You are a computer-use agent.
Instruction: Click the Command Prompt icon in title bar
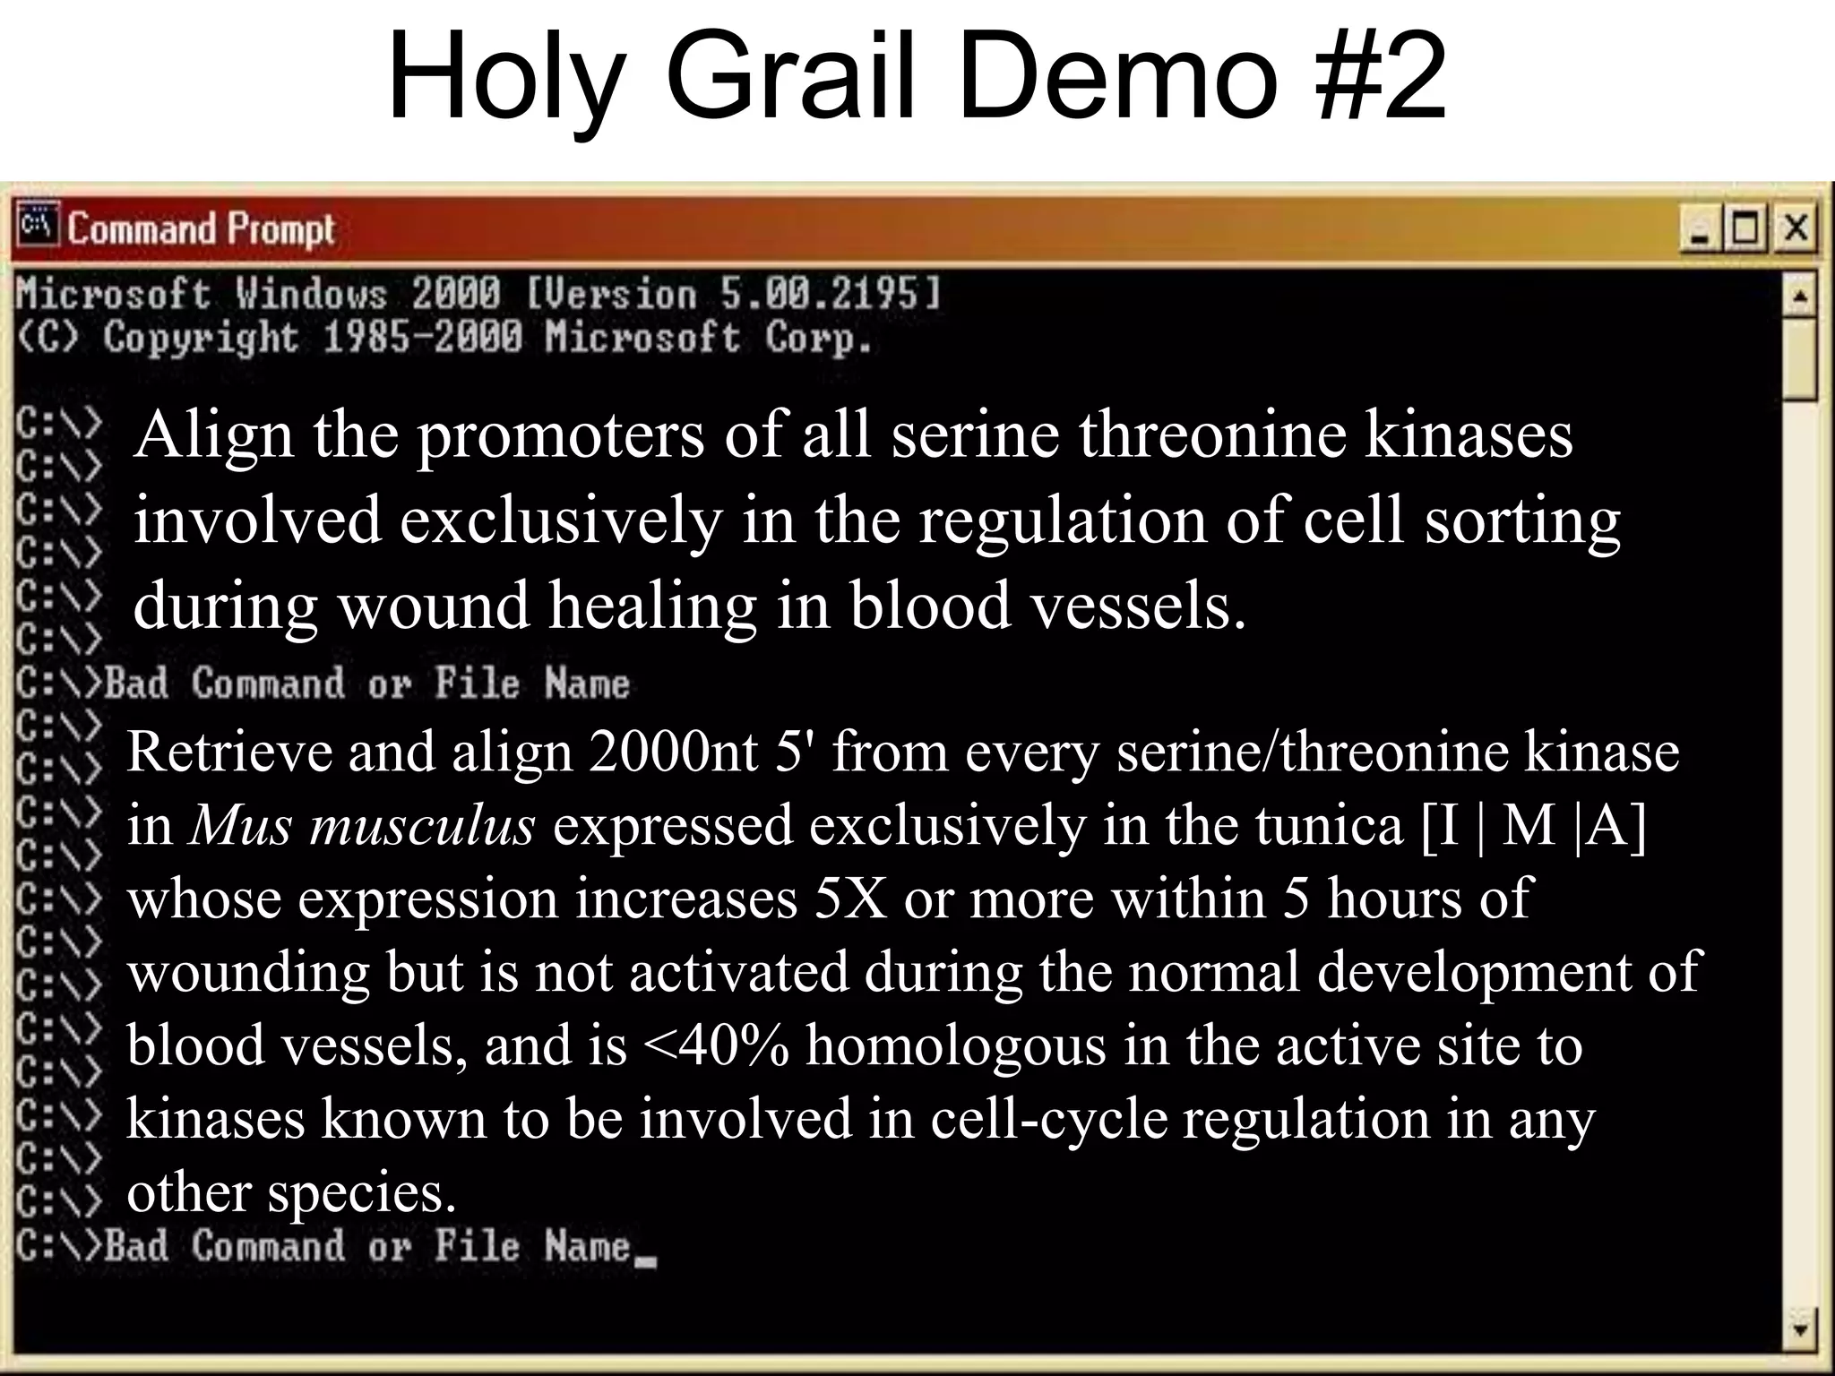(37, 225)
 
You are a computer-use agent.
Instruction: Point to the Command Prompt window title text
(201, 229)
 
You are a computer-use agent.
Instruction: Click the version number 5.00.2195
(830, 294)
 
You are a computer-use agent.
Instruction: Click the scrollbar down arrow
(1800, 1328)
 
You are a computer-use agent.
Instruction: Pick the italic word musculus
(421, 825)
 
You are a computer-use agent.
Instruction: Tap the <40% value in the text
(716, 1045)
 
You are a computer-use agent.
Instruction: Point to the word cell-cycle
(1048, 1119)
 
